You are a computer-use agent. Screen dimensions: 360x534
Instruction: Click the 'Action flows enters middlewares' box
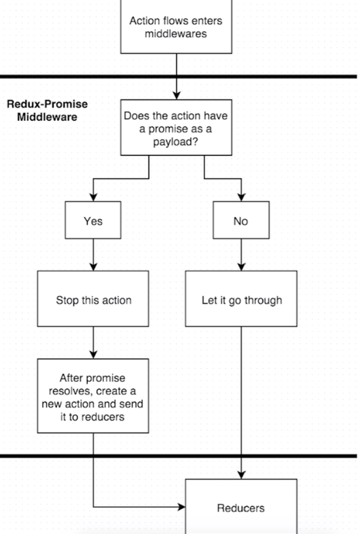pos(176,26)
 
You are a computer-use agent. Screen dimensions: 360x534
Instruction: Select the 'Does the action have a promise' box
pos(176,127)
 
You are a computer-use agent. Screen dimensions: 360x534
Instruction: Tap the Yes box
pos(93,220)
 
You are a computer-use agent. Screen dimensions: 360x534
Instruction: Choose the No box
pos(241,220)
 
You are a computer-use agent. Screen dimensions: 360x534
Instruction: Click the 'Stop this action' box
pos(93,298)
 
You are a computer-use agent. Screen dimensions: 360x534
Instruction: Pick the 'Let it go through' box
pos(241,298)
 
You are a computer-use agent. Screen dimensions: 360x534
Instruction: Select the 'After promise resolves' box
pos(93,396)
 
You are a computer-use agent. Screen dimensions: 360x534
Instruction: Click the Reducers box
pos(241,506)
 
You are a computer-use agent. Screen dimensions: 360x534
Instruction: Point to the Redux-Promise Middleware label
pos(48,110)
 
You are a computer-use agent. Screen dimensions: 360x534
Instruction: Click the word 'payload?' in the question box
pos(176,142)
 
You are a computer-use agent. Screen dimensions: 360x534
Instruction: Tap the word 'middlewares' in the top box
pos(176,34)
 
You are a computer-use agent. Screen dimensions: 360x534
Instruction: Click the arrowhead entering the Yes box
pos(94,198)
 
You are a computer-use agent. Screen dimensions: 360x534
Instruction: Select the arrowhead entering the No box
pos(241,198)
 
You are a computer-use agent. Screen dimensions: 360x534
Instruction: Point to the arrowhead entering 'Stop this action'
pos(94,267)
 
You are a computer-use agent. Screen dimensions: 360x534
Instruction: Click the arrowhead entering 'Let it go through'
pos(241,267)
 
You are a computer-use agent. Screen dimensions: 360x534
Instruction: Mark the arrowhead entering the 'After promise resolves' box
pos(94,355)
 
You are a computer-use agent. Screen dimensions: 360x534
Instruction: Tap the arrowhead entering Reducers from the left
pos(181,507)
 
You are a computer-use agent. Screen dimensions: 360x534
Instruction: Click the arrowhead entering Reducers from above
pos(241,475)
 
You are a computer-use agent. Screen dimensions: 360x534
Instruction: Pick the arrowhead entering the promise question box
pos(176,95)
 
